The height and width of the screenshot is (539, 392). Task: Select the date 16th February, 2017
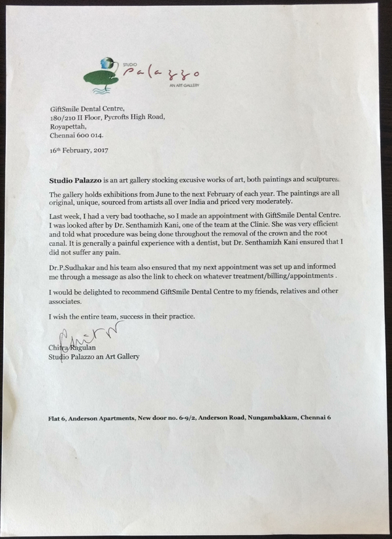click(79, 150)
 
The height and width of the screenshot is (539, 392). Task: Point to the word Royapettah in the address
click(69, 127)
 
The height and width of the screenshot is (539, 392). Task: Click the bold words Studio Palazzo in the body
click(75, 178)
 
